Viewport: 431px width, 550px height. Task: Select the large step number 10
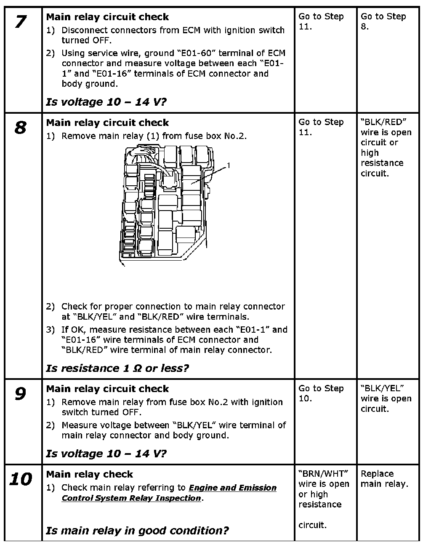point(21,479)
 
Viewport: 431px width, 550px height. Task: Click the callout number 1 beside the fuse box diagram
point(229,166)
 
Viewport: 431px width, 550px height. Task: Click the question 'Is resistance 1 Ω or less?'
point(117,368)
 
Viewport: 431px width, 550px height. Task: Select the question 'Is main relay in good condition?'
point(137,531)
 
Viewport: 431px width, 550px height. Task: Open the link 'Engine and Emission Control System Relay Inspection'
point(169,493)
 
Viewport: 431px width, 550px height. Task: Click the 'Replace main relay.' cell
point(384,479)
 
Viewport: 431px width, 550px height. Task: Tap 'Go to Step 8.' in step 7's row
point(383,21)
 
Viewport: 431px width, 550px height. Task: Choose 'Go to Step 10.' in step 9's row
point(321,393)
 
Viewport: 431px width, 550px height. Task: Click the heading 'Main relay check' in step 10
point(89,474)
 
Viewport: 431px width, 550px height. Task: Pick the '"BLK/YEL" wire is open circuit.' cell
point(386,398)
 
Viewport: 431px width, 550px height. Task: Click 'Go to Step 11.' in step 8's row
point(321,127)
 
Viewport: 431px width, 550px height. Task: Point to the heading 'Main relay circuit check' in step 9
point(107,389)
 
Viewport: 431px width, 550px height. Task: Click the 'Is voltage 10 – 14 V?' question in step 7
point(106,102)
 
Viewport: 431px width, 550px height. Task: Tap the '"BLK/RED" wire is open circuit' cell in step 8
point(386,147)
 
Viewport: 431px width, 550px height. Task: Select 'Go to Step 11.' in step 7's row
point(321,21)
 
